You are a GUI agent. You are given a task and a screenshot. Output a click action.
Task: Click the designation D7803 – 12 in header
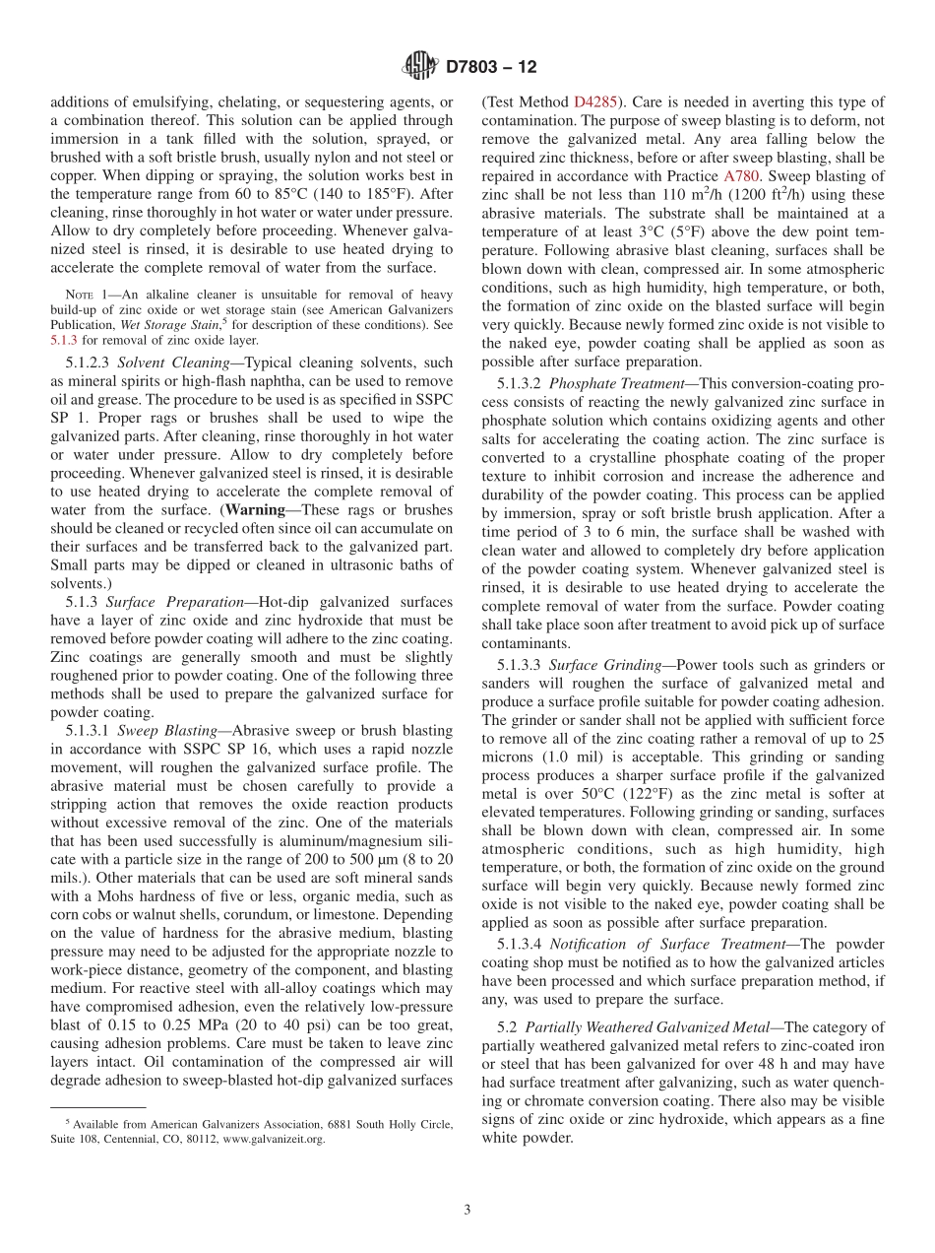[491, 68]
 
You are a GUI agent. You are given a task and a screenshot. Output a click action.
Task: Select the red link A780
[742, 176]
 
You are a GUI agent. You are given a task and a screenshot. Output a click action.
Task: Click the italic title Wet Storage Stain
[155, 324]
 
